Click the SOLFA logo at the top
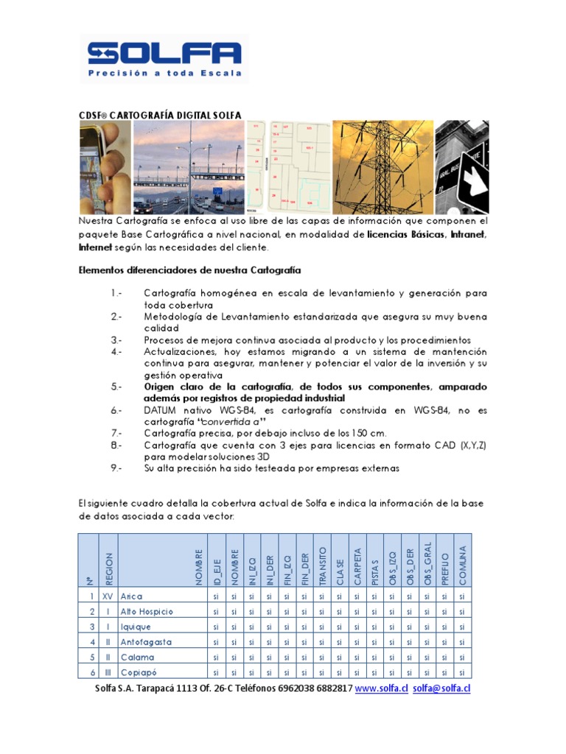[x=164, y=52]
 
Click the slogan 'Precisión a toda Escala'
[x=164, y=74]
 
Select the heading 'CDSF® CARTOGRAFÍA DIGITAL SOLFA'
[x=160, y=115]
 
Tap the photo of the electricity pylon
[x=382, y=166]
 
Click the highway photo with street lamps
[x=188, y=166]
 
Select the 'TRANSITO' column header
[x=322, y=565]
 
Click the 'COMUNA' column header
[x=462, y=565]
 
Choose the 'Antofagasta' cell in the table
[x=146, y=642]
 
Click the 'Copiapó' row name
[x=140, y=672]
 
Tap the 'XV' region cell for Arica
[x=108, y=596]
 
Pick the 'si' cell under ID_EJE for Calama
[x=216, y=658]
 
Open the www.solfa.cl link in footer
[x=381, y=688]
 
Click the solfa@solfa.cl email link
[x=441, y=688]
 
